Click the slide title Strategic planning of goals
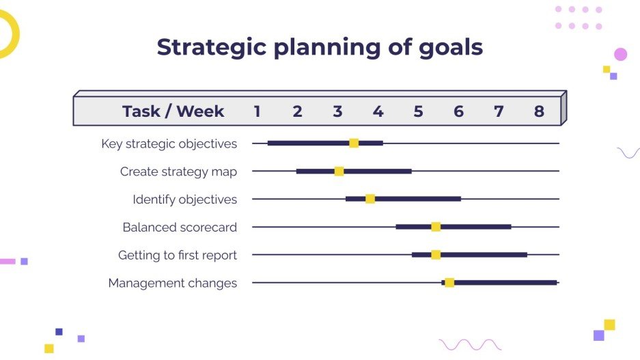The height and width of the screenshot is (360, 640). click(x=320, y=47)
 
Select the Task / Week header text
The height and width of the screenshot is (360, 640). click(x=173, y=111)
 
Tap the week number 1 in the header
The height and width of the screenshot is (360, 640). click(x=257, y=111)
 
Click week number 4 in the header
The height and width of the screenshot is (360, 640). click(x=378, y=111)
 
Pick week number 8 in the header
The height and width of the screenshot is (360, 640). click(x=539, y=111)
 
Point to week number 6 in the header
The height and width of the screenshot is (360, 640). click(x=458, y=111)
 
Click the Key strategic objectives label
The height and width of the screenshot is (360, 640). click(x=169, y=143)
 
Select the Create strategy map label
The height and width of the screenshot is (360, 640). click(x=178, y=171)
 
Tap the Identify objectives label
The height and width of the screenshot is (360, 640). click(x=184, y=199)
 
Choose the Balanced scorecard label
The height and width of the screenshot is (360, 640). click(x=180, y=227)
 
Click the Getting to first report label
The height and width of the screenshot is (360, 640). click(x=177, y=255)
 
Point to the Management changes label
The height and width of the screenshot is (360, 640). click(x=172, y=283)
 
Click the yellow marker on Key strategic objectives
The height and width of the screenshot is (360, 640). click(x=354, y=143)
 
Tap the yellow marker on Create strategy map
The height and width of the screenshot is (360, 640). click(x=339, y=171)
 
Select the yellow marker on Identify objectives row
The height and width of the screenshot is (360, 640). click(x=370, y=199)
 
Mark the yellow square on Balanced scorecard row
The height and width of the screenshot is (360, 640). click(x=436, y=227)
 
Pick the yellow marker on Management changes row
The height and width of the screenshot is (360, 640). click(x=449, y=282)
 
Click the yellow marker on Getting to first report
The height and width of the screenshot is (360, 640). click(x=436, y=255)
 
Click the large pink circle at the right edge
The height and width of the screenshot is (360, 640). click(x=620, y=55)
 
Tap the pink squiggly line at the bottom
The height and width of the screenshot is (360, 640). click(x=470, y=344)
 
